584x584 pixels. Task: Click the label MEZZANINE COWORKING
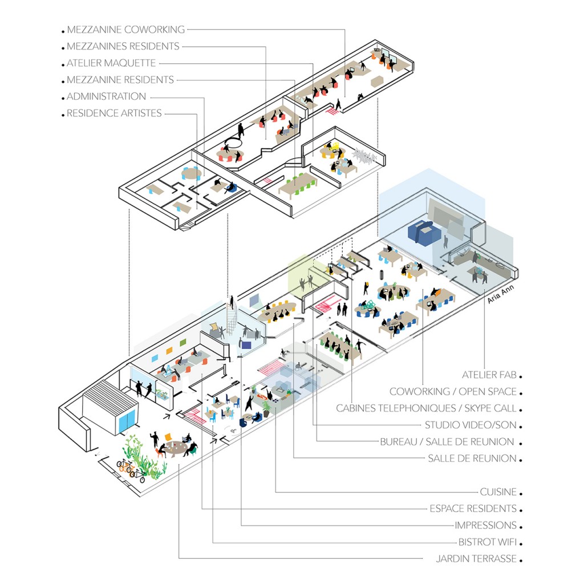[125, 30]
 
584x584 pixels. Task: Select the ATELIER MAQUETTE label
[111, 63]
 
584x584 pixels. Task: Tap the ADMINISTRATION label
[106, 96]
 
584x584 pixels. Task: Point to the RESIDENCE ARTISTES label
[114, 113]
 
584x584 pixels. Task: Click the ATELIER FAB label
[489, 375]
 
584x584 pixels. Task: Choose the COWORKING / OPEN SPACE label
[453, 392]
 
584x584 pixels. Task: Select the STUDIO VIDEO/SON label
[471, 425]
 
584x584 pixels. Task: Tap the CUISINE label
[498, 492]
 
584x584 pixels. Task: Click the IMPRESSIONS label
[485, 525]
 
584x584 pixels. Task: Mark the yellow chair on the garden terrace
[169, 438]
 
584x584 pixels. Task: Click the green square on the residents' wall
[182, 342]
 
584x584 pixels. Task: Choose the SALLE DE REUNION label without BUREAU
[472, 458]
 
